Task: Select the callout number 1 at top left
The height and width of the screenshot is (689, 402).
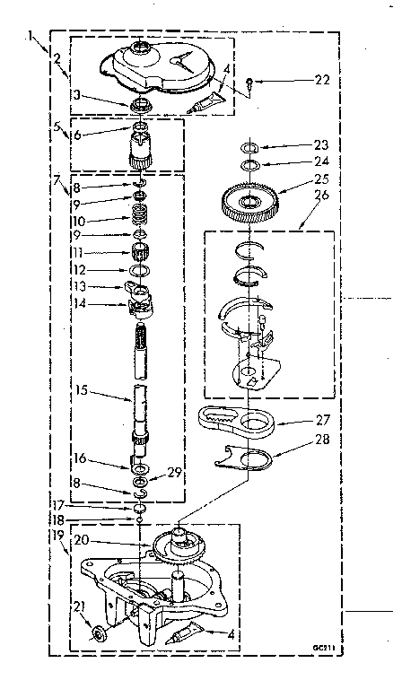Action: tap(32, 37)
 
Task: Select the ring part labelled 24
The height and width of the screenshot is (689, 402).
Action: tap(250, 164)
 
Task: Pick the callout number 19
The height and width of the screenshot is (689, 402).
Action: tap(57, 536)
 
